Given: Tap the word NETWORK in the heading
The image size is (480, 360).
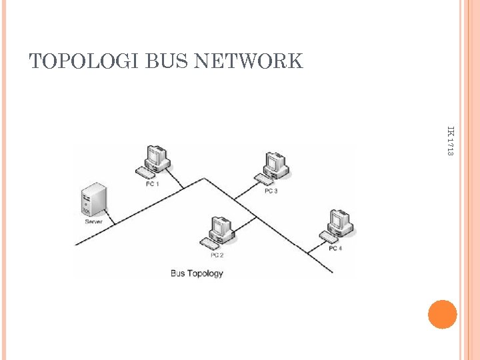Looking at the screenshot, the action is point(248,62).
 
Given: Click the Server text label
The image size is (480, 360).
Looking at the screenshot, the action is point(93,221).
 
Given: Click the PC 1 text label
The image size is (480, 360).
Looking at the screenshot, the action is point(153,184).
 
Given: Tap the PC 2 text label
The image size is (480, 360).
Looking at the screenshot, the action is point(217,255).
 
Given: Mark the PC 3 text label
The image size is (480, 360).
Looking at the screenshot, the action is point(271,191).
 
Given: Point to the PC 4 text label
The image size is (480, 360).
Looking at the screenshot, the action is point(335,249).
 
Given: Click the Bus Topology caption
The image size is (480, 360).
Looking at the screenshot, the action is point(197,273).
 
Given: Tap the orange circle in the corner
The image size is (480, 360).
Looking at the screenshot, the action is point(442,314).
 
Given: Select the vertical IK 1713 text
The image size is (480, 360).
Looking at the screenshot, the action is point(450,141).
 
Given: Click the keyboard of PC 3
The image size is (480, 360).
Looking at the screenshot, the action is point(263,179).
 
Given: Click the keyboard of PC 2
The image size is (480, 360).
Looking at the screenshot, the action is point(209,243).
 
